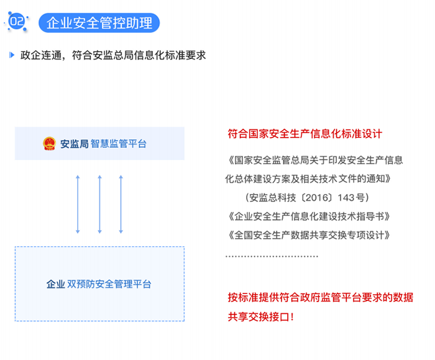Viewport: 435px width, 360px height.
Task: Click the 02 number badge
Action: [x=17, y=21]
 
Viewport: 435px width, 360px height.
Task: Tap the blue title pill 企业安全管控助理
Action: [x=99, y=23]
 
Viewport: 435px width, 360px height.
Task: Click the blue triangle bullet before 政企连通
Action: [x=12, y=55]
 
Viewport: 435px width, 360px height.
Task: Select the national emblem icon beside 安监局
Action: [x=49, y=144]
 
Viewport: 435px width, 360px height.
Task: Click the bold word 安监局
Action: [x=75, y=144]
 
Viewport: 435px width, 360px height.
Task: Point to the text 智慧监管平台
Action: [x=119, y=144]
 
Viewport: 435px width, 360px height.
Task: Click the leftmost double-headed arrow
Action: [x=78, y=205]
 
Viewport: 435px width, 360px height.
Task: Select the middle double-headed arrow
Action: [x=99, y=205]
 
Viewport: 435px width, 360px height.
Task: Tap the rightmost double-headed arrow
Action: [x=121, y=205]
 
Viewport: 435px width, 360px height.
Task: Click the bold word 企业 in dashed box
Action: [x=56, y=284]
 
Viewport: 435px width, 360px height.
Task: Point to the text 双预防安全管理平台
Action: [x=109, y=284]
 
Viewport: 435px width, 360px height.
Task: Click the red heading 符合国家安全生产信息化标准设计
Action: [x=305, y=134]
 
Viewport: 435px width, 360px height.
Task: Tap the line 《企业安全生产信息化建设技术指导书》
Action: [x=309, y=216]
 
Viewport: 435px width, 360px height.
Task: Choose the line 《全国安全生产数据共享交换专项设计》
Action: [x=309, y=235]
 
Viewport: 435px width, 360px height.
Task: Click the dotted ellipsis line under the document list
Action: [x=272, y=256]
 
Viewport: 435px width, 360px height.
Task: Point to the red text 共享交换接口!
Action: [x=260, y=316]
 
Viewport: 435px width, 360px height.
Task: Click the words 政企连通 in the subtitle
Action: [x=41, y=55]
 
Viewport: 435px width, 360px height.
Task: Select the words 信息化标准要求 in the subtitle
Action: [x=170, y=55]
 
